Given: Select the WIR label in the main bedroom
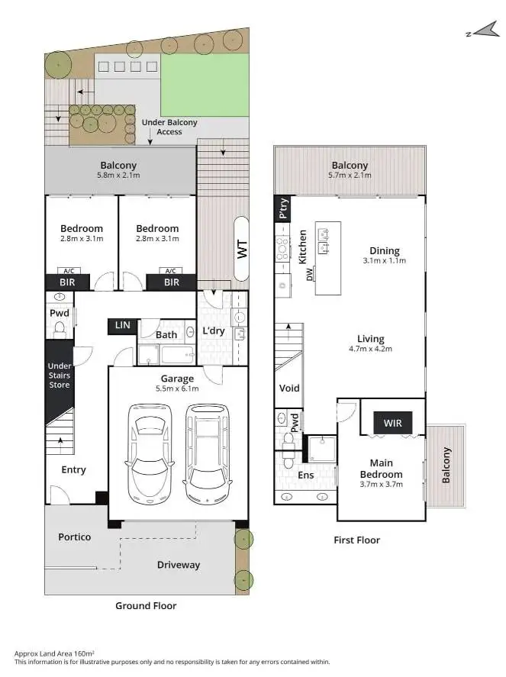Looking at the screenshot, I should [x=392, y=423].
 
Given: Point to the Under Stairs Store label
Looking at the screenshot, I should [x=60, y=375].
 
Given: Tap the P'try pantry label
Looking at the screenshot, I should [x=283, y=208].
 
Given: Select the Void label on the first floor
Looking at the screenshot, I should [x=289, y=388].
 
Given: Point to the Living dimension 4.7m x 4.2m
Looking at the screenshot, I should [x=370, y=350].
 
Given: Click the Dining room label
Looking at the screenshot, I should [x=384, y=250].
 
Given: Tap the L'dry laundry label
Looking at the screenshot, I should [x=213, y=331].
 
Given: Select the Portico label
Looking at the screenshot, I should [x=75, y=537].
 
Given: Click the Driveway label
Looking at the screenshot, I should [x=179, y=565].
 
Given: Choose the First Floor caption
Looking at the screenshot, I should [x=356, y=540].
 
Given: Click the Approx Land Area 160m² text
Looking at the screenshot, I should [x=54, y=653].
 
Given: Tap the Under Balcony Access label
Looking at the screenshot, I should [x=169, y=127].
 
